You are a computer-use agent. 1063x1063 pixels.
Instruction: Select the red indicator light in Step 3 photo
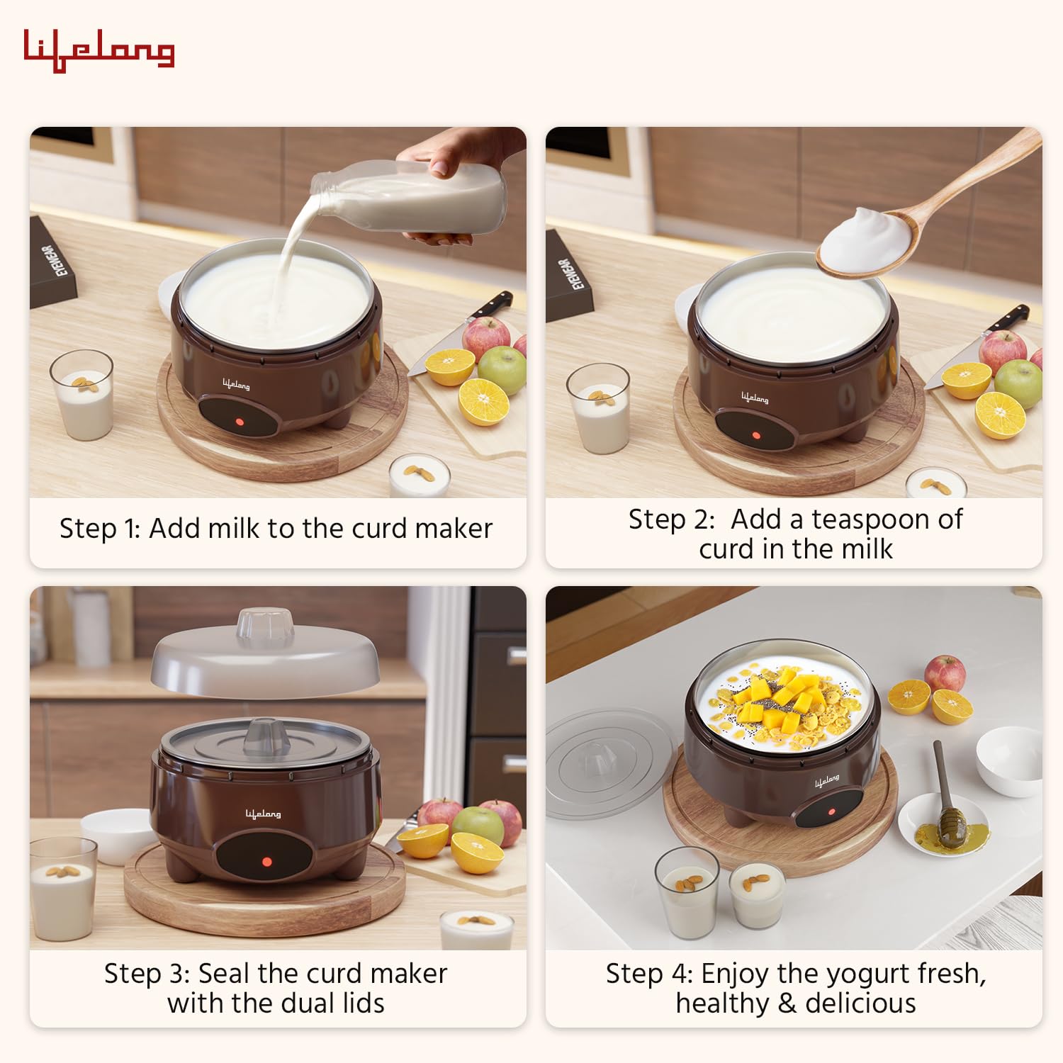point(266,862)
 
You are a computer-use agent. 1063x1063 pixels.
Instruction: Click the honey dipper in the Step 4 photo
point(947,801)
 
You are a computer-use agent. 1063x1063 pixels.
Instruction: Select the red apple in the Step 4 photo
point(945,673)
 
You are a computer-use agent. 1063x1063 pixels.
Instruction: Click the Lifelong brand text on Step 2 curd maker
point(755,398)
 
